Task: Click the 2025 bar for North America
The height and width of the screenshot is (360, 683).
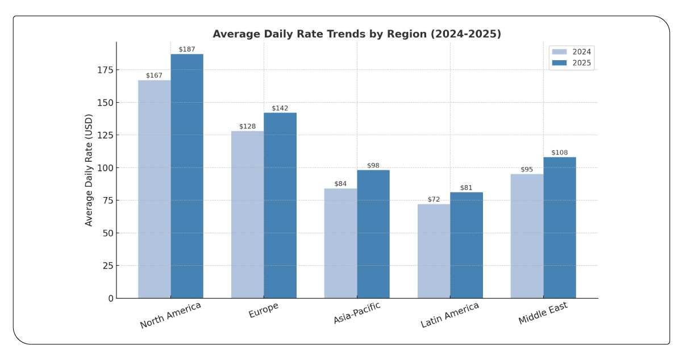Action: pyautogui.click(x=187, y=176)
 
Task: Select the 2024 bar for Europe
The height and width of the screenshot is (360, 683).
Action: pyautogui.click(x=247, y=215)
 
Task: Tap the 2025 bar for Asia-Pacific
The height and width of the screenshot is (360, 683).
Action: pyautogui.click(x=373, y=234)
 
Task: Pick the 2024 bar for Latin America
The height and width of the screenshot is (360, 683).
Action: pyautogui.click(x=434, y=251)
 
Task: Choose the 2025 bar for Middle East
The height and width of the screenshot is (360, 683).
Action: pyautogui.click(x=560, y=228)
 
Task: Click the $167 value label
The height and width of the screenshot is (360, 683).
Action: pyautogui.click(x=154, y=76)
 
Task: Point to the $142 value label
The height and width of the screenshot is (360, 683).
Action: pyautogui.click(x=280, y=108)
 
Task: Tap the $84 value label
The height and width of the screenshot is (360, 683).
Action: pyautogui.click(x=340, y=184)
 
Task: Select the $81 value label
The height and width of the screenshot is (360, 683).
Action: pyautogui.click(x=467, y=187)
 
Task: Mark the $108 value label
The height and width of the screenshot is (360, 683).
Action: pyautogui.click(x=560, y=153)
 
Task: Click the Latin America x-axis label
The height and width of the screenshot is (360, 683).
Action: pyautogui.click(x=449, y=315)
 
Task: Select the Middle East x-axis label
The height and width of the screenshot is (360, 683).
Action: pyautogui.click(x=543, y=314)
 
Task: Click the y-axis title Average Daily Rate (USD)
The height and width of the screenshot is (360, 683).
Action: pyautogui.click(x=89, y=170)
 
